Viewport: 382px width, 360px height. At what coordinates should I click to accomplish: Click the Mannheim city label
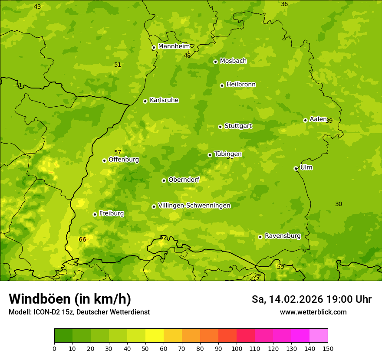coord(174,46)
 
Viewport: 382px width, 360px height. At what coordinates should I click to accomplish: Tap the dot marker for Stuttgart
coord(220,127)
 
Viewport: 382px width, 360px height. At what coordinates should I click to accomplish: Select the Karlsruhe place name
coord(164,100)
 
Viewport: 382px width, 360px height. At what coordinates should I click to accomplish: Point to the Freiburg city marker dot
coord(95,214)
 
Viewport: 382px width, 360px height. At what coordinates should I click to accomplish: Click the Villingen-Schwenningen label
coord(194,206)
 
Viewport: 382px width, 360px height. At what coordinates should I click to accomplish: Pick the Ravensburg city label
coord(282,236)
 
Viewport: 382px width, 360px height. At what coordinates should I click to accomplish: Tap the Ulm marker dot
coord(296,168)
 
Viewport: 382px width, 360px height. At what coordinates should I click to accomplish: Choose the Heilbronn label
coord(241,85)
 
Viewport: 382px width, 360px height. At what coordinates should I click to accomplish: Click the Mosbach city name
coord(233,61)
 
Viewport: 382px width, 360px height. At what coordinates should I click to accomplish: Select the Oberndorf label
coord(184,180)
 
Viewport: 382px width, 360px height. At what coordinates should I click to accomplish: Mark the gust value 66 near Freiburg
coord(82,239)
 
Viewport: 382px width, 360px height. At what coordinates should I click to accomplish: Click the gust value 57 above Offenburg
coord(118,152)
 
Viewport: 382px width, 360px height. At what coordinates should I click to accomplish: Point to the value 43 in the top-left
coord(37,7)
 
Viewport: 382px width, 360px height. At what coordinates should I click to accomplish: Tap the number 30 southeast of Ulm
coord(339,204)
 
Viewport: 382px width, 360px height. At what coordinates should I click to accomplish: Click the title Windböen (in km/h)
coord(70,299)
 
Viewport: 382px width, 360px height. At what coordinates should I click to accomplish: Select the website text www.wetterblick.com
coord(313,312)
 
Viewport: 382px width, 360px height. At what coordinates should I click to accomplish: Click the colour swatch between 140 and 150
coord(319,335)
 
